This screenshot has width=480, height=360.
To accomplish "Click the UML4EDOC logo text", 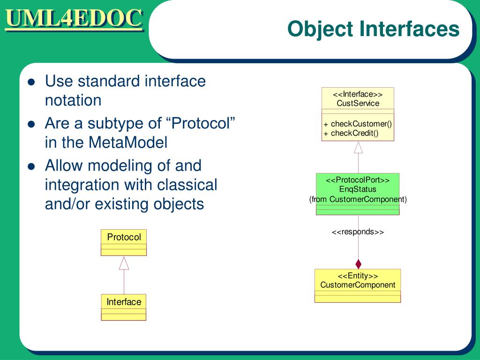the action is pos(74,19).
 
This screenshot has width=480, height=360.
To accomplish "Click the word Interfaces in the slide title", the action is pos(409,29).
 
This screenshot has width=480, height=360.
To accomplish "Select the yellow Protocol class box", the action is pos(124,242).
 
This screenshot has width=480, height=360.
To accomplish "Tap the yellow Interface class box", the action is pos(124,307).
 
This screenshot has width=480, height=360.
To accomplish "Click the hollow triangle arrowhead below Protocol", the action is pos(124,263).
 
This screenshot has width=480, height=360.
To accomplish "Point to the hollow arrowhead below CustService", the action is pos(358,147).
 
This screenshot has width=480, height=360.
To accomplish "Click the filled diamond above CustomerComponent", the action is pos(359,264).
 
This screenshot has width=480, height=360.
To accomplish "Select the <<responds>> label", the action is pos(358,232).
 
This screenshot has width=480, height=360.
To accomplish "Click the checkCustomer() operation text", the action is pos(361,124).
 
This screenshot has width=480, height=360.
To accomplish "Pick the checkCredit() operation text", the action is pos(354,133).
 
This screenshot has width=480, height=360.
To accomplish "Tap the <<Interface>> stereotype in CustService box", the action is pos(358,94).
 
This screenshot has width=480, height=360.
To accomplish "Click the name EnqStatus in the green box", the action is pos(358,189).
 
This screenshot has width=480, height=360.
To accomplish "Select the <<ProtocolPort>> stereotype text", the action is pos(358,180).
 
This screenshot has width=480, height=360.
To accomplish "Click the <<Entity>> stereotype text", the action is pos(358,276).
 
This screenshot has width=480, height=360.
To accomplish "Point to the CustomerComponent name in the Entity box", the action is pos(358,285).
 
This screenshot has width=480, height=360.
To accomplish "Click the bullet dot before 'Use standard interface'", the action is pos(31,82).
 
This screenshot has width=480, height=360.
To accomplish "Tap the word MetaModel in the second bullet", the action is pos(128,142).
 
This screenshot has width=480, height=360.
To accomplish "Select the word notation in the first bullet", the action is pos(73,100).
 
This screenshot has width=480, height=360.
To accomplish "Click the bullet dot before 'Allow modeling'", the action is pos(31,166).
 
